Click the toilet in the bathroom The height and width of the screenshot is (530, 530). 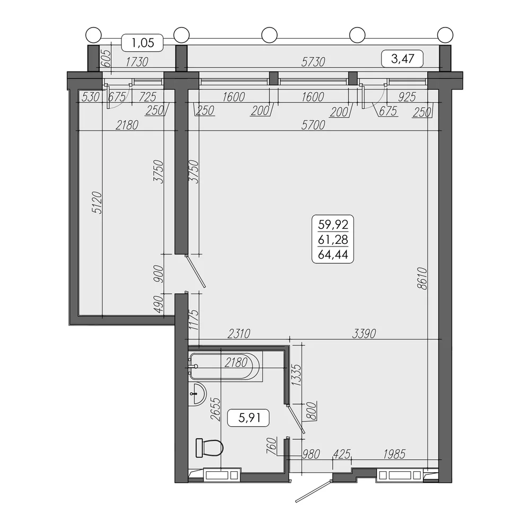click(209, 447)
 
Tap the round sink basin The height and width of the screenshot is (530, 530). click(197, 394)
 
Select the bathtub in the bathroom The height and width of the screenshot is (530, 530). click(225, 366)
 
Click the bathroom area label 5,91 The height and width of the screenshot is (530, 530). click(250, 418)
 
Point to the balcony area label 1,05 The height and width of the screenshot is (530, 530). click(143, 43)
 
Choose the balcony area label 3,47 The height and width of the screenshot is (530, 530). click(402, 58)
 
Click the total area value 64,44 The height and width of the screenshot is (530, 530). click(333, 254)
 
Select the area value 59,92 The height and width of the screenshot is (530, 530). click(333, 224)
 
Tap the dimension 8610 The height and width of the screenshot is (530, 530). click(422, 279)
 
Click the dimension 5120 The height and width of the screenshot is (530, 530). click(97, 203)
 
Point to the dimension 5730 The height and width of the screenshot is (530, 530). click(313, 62)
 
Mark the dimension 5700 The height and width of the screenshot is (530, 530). click(313, 125)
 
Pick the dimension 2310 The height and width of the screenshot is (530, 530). click(238, 333)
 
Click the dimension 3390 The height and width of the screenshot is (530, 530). click(364, 333)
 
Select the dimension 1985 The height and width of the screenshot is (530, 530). click(394, 454)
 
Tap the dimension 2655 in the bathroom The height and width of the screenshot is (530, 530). click(215, 409)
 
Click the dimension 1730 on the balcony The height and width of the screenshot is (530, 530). click(137, 62)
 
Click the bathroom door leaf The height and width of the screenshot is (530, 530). click(295, 418)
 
